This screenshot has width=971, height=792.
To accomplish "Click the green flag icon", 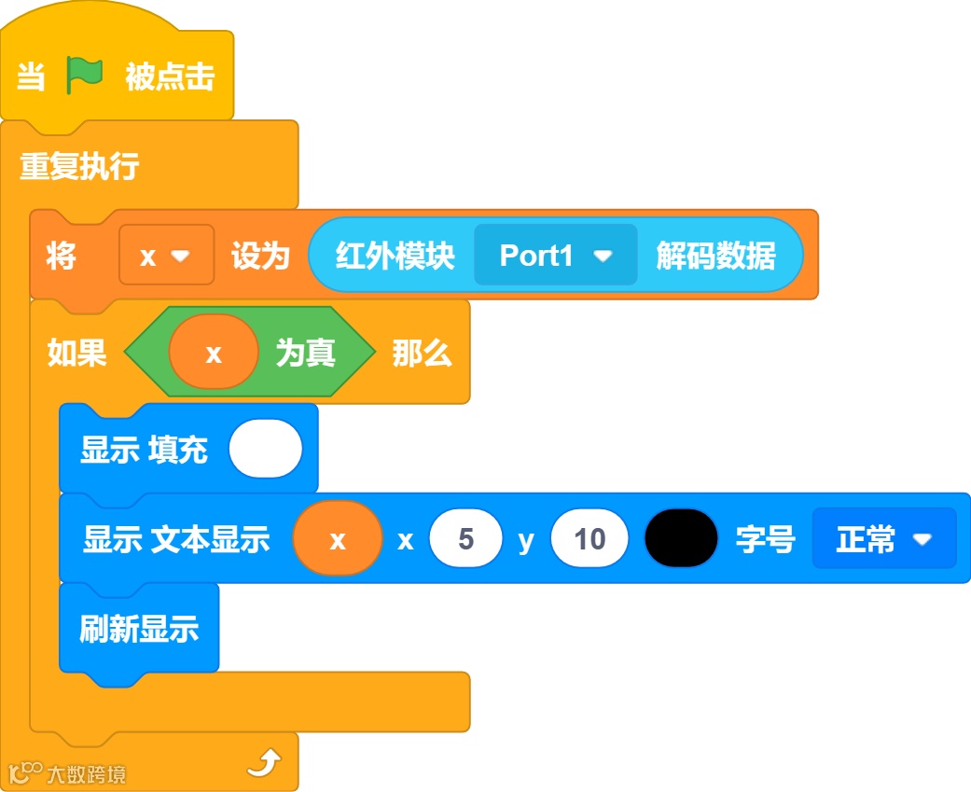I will [84, 76].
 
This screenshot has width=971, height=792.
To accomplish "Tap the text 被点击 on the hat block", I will [170, 76].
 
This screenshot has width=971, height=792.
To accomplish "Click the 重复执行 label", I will [79, 166].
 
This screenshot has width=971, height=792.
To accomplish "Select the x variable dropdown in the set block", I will [166, 255].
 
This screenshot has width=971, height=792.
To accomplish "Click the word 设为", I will [260, 255].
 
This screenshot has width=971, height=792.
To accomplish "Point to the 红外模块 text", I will [395, 255].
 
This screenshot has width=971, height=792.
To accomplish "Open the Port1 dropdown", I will [555, 255].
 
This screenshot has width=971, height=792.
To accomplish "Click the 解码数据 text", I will [715, 255].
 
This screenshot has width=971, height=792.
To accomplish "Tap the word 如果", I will [76, 353].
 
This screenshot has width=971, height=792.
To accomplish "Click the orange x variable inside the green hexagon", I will [214, 353].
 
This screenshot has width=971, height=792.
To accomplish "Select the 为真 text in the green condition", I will [305, 353].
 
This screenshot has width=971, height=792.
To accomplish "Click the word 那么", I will [422, 353].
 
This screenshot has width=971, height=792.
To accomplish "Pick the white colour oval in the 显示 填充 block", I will [266, 449].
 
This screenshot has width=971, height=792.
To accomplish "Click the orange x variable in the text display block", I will [338, 539].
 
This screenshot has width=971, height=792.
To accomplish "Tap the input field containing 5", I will [466, 539].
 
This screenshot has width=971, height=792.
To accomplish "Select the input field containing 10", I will [590, 539].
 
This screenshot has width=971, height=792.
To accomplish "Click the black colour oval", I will [681, 539].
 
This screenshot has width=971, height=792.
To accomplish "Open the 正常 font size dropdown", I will [883, 539].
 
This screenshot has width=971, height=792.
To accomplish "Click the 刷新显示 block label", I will [139, 629].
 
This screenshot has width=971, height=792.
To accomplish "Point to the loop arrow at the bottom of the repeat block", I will [263, 765].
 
